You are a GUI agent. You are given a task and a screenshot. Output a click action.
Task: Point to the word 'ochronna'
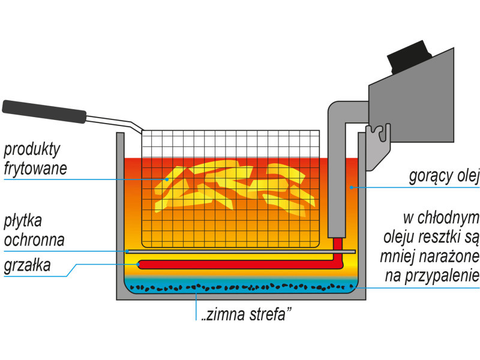[x=34, y=240]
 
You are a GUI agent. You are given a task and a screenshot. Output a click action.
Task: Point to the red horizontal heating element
[x=234, y=264]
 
